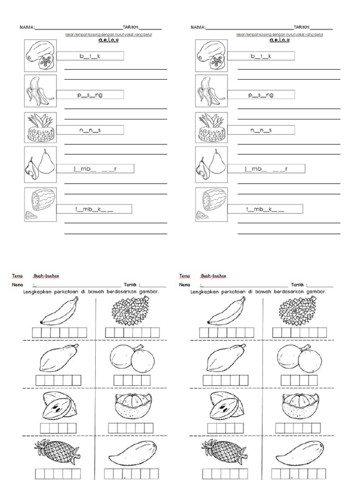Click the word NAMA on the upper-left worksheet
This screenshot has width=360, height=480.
[27, 28]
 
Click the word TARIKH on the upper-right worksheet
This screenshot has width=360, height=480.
[301, 28]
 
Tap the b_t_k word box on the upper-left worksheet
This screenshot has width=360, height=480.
[90, 56]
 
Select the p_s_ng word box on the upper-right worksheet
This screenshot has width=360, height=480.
[261, 95]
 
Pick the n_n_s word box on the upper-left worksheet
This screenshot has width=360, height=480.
[90, 130]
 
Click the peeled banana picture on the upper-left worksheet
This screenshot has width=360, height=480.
[40, 91]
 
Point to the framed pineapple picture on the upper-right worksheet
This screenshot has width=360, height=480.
[211, 127]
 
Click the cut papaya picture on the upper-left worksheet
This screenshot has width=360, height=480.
[40, 56]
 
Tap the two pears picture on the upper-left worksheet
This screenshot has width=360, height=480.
[40, 164]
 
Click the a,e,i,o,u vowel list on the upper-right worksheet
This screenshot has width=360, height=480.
[279, 40]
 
